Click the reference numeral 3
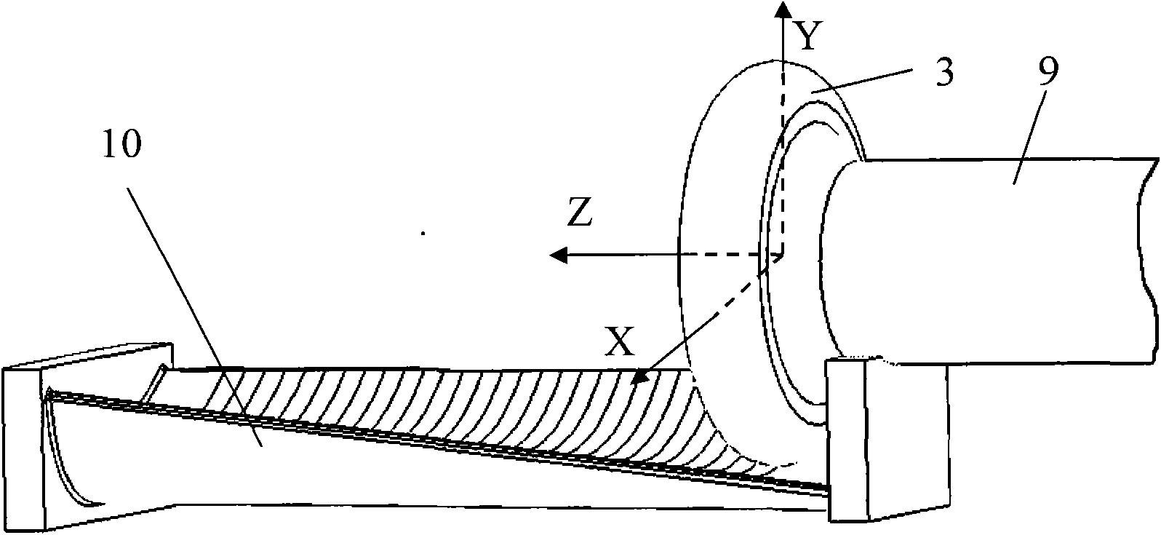pos(943,74)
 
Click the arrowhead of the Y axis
pos(783,9)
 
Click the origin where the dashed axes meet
pos(783,255)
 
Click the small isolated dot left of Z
pos(423,234)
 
